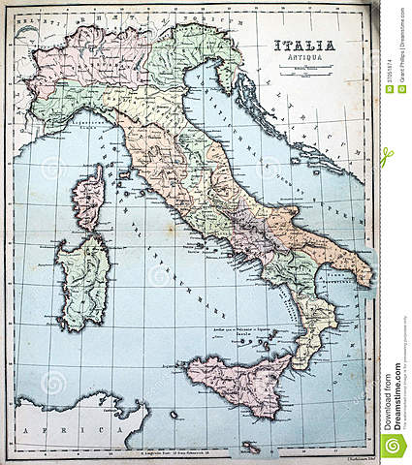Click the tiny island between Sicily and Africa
tap(174, 414)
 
